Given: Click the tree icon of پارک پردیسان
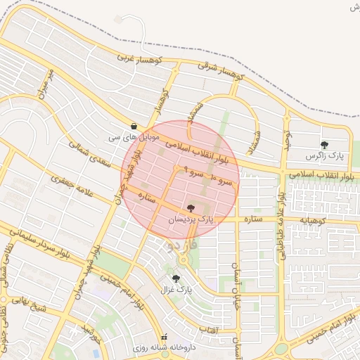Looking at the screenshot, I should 191,208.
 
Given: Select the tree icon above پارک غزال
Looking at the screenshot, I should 176,278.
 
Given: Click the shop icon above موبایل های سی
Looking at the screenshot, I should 134,126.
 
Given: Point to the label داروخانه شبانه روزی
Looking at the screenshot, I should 167,347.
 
